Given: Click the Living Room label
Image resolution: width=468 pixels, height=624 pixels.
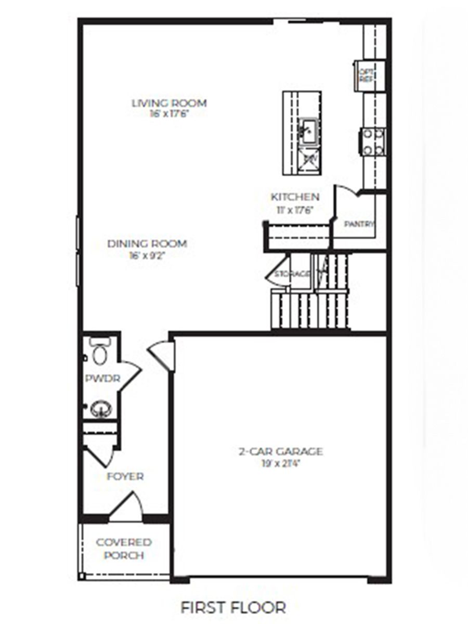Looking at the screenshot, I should tap(169, 103).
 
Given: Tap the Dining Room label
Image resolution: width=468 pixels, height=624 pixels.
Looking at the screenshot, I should tap(147, 243).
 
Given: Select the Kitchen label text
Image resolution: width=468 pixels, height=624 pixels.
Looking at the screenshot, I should tap(295, 197).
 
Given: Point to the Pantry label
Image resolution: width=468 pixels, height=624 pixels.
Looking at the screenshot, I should tap(359, 224).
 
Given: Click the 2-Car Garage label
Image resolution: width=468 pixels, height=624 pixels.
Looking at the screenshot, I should tap(281, 451).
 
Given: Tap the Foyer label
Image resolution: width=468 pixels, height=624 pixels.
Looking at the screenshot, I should tap(125, 476).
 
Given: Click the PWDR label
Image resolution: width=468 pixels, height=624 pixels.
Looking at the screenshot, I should tap(102, 379).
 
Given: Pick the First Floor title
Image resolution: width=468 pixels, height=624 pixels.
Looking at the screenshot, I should tap(233, 607).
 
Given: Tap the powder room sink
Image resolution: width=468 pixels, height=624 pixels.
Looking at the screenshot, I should tap(101, 408).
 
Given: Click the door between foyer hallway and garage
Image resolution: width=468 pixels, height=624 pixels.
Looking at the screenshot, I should tap(162, 355).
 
